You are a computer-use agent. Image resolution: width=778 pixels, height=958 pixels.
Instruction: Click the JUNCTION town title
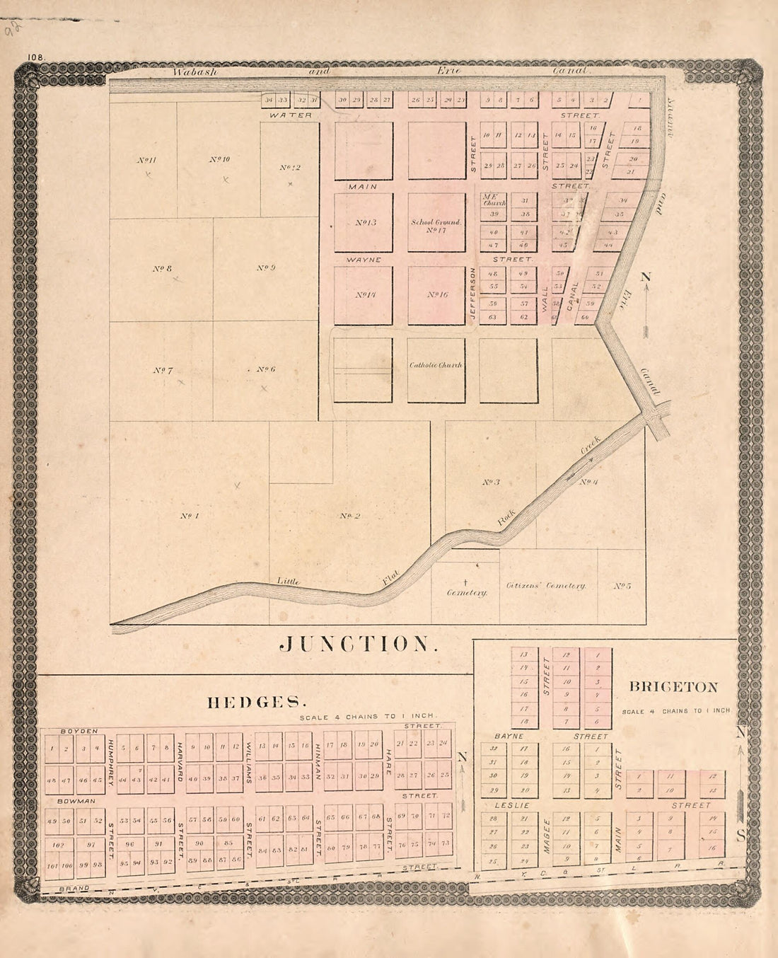pyautogui.click(x=354, y=643)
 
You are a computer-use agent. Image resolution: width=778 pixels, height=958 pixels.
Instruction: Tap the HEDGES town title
pyautogui.click(x=256, y=702)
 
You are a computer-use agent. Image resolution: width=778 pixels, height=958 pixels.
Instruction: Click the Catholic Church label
pyautogui.click(x=436, y=365)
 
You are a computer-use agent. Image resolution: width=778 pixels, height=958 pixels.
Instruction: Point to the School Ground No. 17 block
pyautogui.click(x=436, y=225)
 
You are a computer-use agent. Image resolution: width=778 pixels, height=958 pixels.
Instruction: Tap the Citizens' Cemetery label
pyautogui.click(x=546, y=586)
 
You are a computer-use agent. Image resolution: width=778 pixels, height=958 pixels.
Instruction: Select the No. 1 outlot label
pyautogui.click(x=189, y=515)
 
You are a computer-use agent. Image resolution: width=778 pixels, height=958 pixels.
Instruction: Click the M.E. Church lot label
pyautogui.click(x=491, y=199)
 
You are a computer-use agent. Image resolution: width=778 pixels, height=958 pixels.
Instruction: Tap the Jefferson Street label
pyautogui.click(x=472, y=296)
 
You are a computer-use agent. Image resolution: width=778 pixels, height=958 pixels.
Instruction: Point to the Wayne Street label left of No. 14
pyautogui.click(x=364, y=260)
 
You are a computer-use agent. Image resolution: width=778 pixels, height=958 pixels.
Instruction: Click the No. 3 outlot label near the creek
pyautogui.click(x=491, y=483)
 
